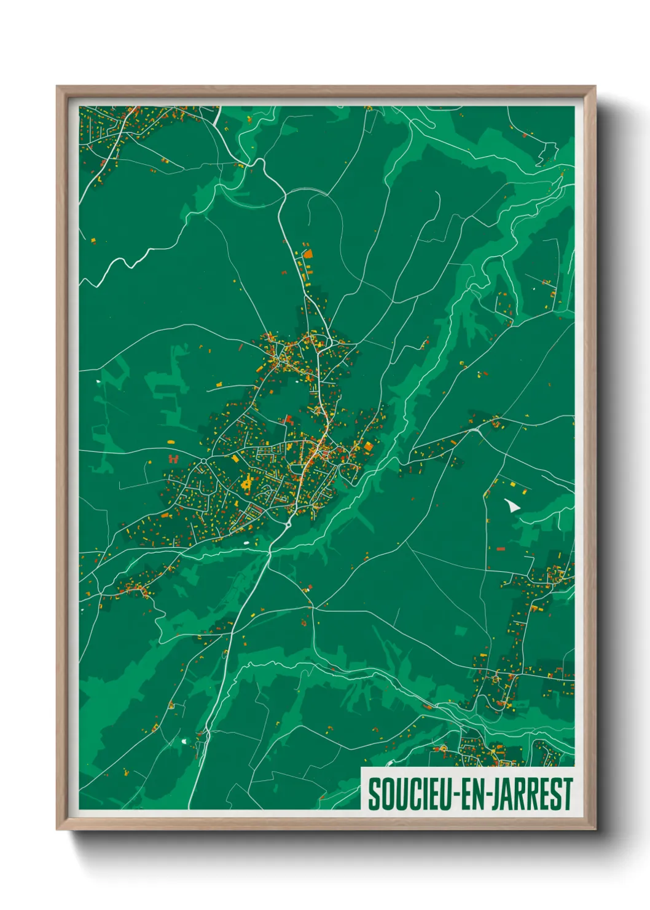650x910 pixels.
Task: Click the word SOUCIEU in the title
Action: [x=408, y=794]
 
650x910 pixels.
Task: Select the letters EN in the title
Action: [x=465, y=794]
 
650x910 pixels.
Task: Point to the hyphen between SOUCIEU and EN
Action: [x=452, y=795]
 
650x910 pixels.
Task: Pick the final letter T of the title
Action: [x=568, y=794]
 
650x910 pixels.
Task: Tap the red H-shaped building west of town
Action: [x=173, y=459]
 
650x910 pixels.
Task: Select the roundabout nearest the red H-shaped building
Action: [x=203, y=461]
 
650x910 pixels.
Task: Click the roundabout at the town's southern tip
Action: [x=288, y=524]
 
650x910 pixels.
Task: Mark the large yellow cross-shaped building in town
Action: [x=248, y=484]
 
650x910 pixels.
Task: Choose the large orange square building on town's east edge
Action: [x=368, y=446]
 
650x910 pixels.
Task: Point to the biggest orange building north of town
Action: [x=308, y=253]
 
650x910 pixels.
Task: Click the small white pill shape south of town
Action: [x=247, y=543]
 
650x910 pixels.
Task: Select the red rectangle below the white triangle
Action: [x=500, y=548]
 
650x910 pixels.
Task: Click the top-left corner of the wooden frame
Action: [x=58, y=87]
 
